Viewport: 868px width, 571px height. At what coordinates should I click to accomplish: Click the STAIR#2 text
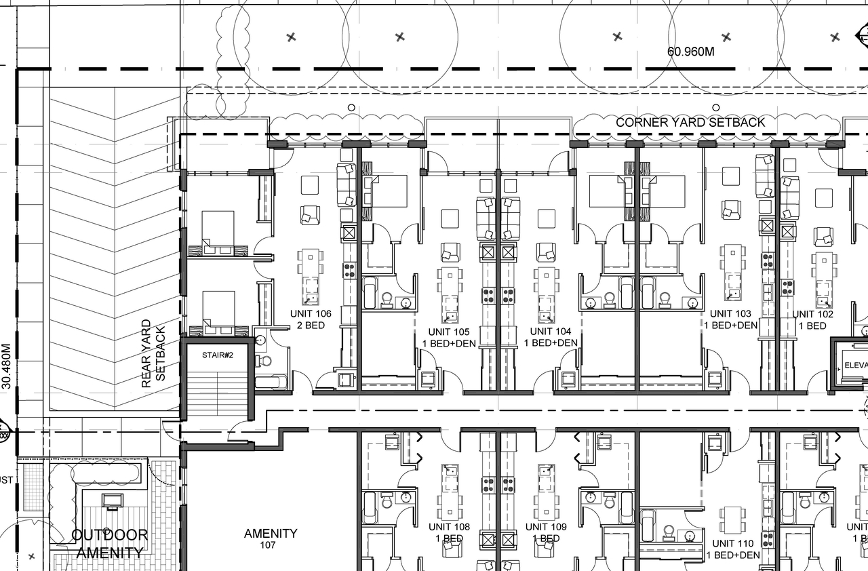(218, 355)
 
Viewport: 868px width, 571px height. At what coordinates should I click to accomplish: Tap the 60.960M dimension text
(691, 51)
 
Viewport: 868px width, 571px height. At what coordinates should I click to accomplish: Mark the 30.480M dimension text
(7, 366)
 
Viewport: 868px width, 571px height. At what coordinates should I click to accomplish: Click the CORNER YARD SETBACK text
(690, 123)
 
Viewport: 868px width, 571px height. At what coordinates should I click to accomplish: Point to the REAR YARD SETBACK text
(153, 353)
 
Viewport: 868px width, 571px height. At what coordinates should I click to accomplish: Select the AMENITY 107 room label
(271, 538)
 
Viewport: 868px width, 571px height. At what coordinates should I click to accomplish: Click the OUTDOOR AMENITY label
(110, 544)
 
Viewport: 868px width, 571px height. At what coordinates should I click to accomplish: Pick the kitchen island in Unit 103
(732, 272)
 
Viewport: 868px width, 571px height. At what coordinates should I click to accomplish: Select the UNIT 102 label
(812, 319)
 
